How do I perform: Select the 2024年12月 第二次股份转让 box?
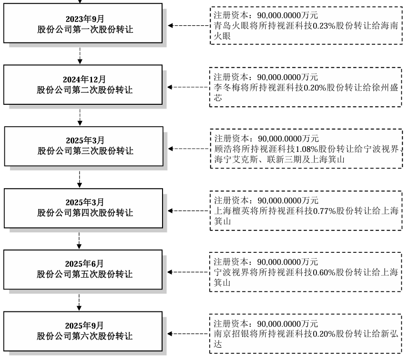click(x=85, y=85)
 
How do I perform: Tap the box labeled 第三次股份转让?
click(x=85, y=146)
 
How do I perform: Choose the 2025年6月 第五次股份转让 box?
click(x=85, y=269)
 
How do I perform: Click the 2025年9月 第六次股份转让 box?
click(x=85, y=331)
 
